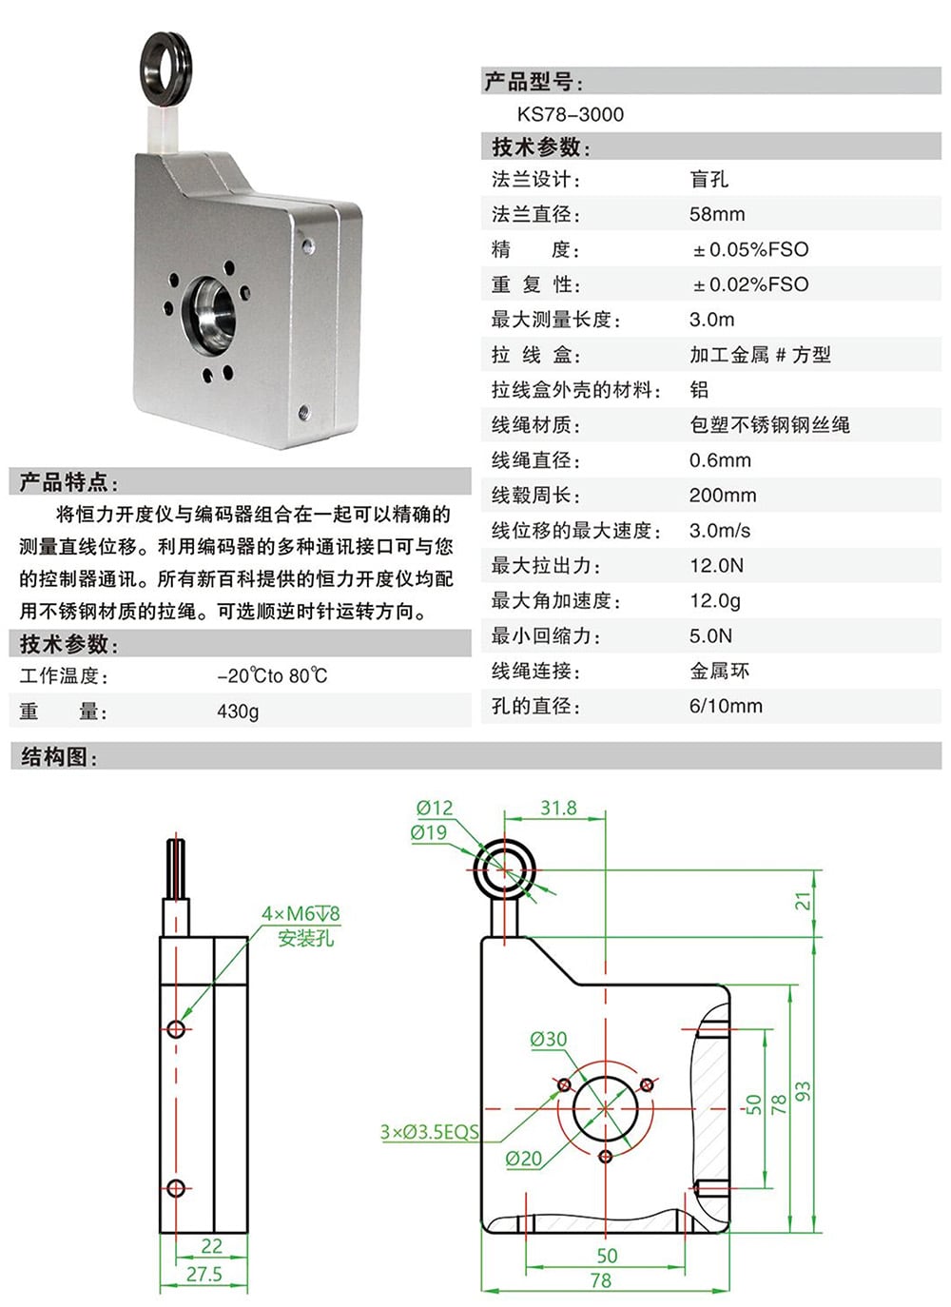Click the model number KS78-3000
tap(571, 115)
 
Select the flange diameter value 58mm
tap(717, 214)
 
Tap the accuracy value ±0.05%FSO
tap(750, 249)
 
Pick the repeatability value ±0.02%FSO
tap(750, 284)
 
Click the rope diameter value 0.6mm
tap(720, 460)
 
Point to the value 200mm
tap(723, 496)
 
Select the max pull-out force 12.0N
tap(716, 566)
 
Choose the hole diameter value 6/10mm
tap(726, 707)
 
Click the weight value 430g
tap(238, 712)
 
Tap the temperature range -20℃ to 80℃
tap(272, 676)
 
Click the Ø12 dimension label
tap(435, 808)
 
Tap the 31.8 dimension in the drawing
tap(558, 808)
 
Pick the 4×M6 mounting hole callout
tap(301, 914)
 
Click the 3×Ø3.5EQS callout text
tap(429, 1132)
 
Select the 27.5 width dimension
tap(204, 1274)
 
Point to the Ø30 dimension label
tap(548, 1039)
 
